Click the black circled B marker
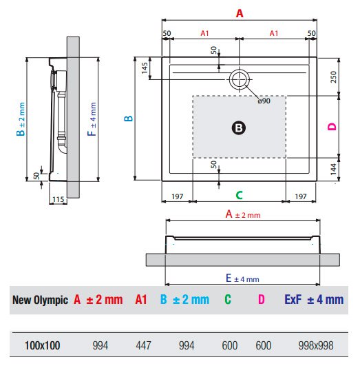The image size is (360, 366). pyautogui.click(x=239, y=128)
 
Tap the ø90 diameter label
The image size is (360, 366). pyautogui.click(x=264, y=101)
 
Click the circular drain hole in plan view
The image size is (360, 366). pyautogui.click(x=240, y=79)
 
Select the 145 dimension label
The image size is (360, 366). pyautogui.click(x=145, y=68)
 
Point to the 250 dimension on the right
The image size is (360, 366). pyautogui.click(x=333, y=77)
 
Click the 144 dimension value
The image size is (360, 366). pyautogui.click(x=333, y=169)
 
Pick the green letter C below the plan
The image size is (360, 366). pyautogui.click(x=240, y=195)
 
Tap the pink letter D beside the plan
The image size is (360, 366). pyautogui.click(x=332, y=127)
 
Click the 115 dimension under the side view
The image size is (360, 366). pyautogui.click(x=58, y=199)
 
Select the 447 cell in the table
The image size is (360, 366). pyautogui.click(x=143, y=345)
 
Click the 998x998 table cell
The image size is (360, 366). pyautogui.click(x=316, y=345)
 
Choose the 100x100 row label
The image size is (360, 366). pyautogui.click(x=43, y=345)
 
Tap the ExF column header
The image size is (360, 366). pyautogui.click(x=293, y=299)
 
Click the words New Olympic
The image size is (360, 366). pyautogui.click(x=40, y=301)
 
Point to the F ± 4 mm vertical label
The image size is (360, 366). pyautogui.click(x=92, y=119)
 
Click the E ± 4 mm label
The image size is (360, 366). pyautogui.click(x=242, y=278)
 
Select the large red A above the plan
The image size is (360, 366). pyautogui.click(x=240, y=13)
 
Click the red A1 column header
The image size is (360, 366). pyautogui.click(x=141, y=299)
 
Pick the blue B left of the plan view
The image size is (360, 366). pyautogui.click(x=128, y=119)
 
